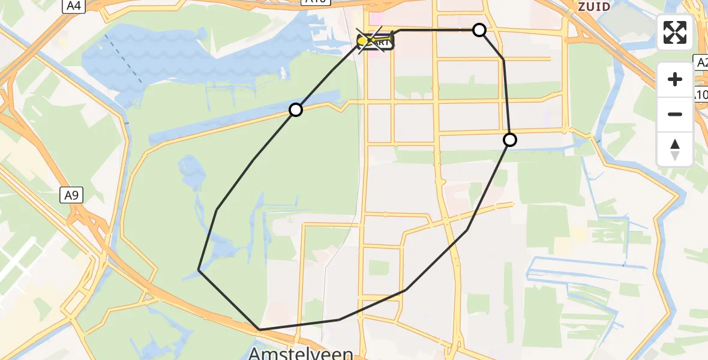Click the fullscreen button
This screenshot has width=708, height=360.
point(675,32)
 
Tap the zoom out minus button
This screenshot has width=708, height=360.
point(675,114)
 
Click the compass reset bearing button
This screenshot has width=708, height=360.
point(675,148)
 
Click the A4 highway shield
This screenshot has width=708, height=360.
point(73,6)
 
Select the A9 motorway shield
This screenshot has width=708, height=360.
point(71,195)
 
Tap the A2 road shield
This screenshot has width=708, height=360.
point(701,61)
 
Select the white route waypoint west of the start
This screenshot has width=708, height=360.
point(295,110)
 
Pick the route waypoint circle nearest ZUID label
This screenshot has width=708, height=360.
point(479,30)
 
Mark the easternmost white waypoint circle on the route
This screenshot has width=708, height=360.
point(509,140)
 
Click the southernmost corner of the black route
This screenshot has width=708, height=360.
point(259,329)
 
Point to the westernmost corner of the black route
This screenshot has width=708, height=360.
point(199,271)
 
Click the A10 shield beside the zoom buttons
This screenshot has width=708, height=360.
point(700,94)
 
